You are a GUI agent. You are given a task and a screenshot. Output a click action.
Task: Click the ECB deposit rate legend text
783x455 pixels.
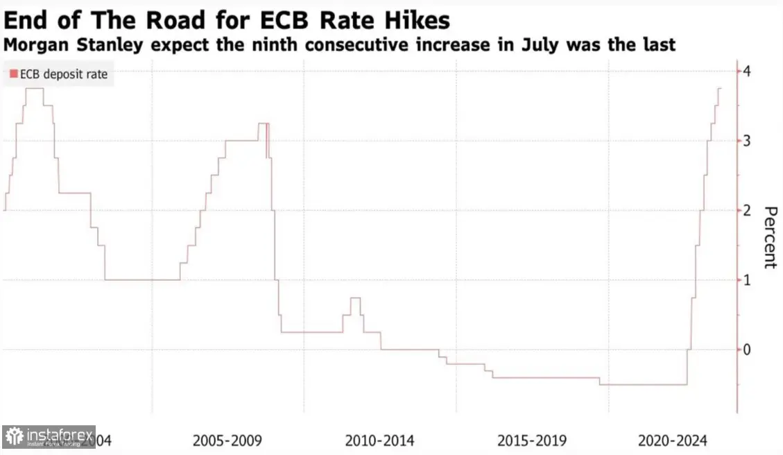point(63,74)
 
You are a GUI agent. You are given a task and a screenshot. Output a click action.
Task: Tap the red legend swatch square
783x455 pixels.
point(13,74)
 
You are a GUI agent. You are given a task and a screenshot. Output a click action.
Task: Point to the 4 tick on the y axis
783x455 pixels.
point(747,71)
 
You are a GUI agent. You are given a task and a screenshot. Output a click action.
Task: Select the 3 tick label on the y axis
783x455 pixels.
point(747,141)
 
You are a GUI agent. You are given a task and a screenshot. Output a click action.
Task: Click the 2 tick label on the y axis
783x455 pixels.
point(747,210)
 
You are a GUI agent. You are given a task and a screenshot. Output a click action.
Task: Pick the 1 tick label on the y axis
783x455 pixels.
point(747,280)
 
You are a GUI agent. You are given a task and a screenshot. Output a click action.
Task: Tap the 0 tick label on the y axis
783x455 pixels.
point(747,349)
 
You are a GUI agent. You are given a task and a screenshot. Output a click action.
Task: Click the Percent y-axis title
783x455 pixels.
point(769,237)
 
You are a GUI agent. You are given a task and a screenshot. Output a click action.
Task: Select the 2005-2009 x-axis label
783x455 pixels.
point(227,440)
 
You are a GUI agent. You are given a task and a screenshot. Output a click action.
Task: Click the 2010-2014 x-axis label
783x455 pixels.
point(379,440)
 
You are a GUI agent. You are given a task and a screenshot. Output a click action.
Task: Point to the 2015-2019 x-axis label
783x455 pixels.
point(532,440)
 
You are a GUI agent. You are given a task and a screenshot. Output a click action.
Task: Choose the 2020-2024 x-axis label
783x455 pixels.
point(672,440)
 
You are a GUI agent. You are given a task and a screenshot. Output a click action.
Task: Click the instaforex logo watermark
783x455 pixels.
point(49,437)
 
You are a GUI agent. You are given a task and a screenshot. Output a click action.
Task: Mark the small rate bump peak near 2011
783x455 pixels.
point(355,298)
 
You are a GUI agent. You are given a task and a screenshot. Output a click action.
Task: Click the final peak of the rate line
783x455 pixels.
point(719,88)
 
